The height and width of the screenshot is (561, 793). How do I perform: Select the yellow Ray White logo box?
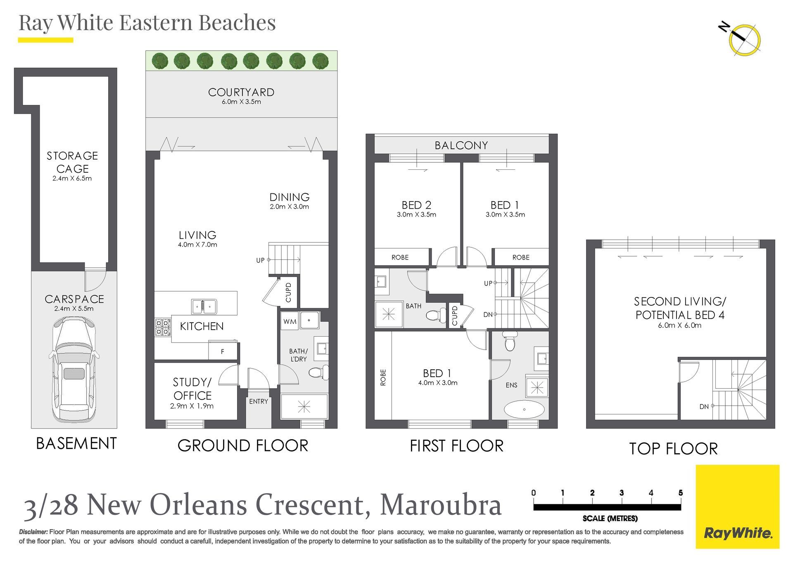tap(738, 507)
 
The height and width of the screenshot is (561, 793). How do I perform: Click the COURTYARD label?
tap(241, 92)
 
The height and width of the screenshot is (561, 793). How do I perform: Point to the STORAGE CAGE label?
tap(72, 162)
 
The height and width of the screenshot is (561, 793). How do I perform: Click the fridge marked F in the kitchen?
tap(223, 352)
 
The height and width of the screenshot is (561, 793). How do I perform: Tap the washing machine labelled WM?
tap(290, 321)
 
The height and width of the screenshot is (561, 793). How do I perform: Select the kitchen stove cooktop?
tap(163, 327)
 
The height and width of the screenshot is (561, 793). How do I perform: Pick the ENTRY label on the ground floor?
tap(259, 402)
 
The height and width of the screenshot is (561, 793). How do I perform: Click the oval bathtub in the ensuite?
tap(524, 409)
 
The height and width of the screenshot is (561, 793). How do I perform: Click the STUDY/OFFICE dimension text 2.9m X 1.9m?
tap(192, 406)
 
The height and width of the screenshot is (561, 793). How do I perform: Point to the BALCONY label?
tap(461, 145)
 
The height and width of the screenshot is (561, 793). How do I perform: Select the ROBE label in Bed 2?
tap(400, 257)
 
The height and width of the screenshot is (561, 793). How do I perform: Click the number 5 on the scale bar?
tap(681, 492)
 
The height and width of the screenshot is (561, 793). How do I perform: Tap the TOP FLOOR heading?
tap(673, 449)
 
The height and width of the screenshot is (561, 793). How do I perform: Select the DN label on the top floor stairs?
tap(704, 407)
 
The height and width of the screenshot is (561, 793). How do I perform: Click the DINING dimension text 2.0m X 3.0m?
tap(290, 207)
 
